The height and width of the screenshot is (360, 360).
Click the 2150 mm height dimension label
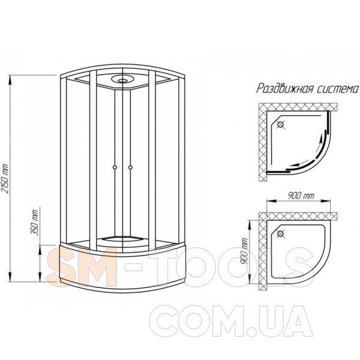pos(5,178)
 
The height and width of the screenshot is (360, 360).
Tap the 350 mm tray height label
pos(35,223)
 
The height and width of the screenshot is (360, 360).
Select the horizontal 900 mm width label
pos(301,196)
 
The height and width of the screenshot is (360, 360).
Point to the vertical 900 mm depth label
pos(245,251)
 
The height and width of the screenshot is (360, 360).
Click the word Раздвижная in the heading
pos(284,88)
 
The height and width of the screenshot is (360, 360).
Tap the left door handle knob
pos(115,167)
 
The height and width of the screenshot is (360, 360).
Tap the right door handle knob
pos(130,167)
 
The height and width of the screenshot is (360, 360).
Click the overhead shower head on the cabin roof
pos(122,79)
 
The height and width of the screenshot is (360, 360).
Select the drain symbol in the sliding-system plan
pos(280,125)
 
